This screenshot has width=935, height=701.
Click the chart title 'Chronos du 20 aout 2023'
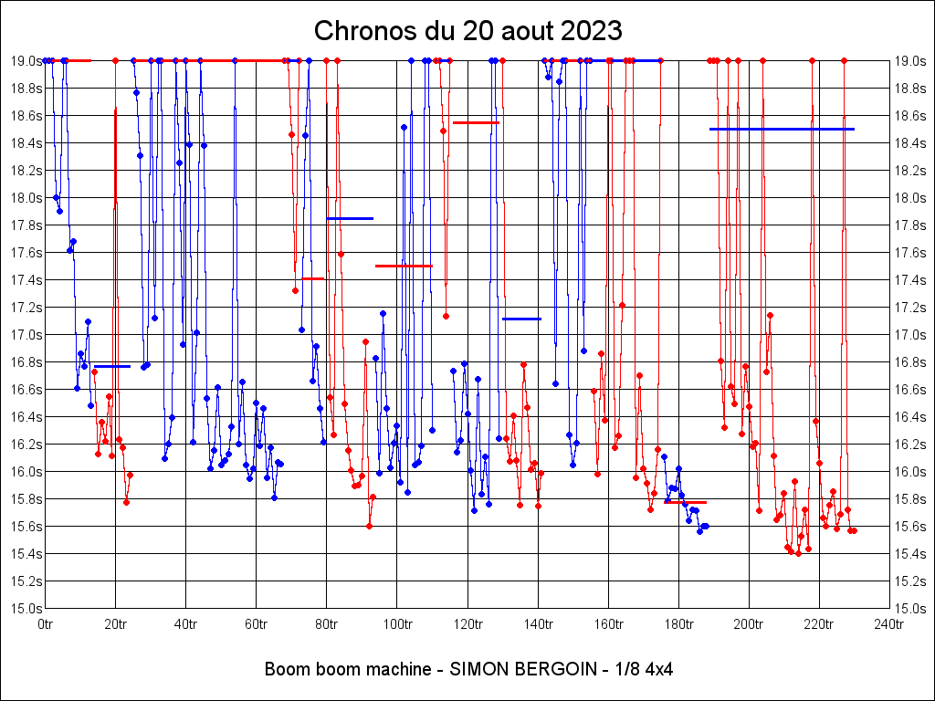[467, 30]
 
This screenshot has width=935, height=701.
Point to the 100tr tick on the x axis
[397, 624]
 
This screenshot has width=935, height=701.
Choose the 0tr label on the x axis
[46, 624]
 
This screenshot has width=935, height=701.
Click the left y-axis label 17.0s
[26, 335]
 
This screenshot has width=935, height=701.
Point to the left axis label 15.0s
[26, 609]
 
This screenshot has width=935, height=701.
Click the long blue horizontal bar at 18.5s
[782, 130]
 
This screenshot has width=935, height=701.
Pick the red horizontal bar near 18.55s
[476, 122]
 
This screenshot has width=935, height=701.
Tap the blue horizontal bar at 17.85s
[350, 218]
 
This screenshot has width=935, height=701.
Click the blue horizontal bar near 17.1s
[521, 319]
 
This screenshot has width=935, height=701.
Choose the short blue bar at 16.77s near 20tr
[112, 366]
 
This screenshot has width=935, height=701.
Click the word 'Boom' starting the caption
[283, 669]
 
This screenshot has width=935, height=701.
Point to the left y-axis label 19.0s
[26, 61]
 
